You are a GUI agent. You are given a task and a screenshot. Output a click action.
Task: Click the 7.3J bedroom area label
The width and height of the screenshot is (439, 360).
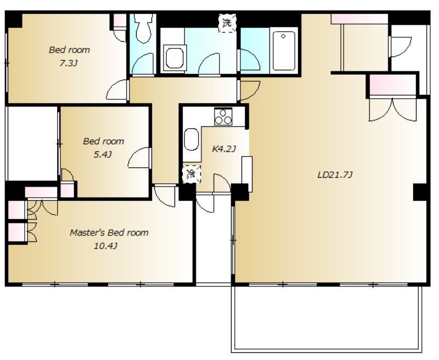[67, 64]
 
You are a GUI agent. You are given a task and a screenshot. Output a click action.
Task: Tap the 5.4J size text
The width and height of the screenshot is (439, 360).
[103, 155]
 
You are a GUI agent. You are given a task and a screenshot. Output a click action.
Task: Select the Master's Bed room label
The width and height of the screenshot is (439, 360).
[109, 233]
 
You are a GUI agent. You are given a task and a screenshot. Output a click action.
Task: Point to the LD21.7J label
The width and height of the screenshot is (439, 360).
[335, 175]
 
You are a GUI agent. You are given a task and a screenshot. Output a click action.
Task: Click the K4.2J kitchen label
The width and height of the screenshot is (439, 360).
[224, 149]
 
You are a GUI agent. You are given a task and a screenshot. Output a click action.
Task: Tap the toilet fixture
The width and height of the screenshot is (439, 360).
[143, 29]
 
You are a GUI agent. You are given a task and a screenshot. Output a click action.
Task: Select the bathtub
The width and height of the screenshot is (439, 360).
[284, 50]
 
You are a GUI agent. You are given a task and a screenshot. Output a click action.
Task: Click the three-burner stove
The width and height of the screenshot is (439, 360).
[223, 116]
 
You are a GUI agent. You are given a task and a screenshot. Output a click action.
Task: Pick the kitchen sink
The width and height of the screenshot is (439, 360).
[192, 139]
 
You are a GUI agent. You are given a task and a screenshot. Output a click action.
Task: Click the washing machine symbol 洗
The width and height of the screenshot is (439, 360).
[227, 23]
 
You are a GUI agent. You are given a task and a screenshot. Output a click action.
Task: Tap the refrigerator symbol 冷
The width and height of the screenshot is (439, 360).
[192, 174]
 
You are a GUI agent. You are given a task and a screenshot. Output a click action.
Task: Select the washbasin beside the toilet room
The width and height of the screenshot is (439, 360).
[175, 58]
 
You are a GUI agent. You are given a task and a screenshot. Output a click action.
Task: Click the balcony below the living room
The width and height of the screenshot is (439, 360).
[327, 319]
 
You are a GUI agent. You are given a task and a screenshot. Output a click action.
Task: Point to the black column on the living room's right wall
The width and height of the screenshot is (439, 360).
[420, 192]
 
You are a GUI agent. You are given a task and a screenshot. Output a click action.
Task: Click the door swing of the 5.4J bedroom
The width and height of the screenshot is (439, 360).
[139, 158]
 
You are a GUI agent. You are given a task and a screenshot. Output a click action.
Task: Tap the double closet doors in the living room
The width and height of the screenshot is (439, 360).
[393, 109]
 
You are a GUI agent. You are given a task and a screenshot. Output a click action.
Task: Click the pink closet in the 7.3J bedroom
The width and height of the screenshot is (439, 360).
[120, 20]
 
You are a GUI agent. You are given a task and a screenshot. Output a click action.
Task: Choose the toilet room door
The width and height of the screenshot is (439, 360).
[143, 64]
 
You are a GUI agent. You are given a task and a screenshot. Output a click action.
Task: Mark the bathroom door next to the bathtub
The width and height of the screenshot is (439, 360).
[249, 60]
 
